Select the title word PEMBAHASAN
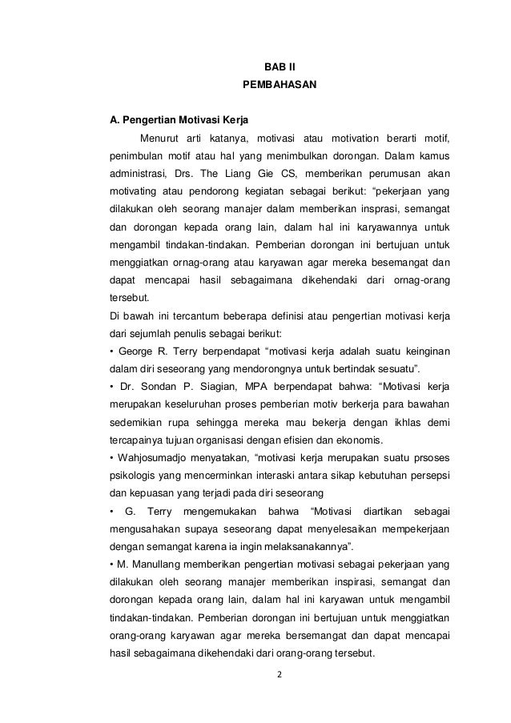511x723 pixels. [x=280, y=84]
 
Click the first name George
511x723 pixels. [x=137, y=351]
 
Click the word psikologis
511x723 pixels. [x=133, y=473]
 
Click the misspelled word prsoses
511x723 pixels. [x=432, y=456]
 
